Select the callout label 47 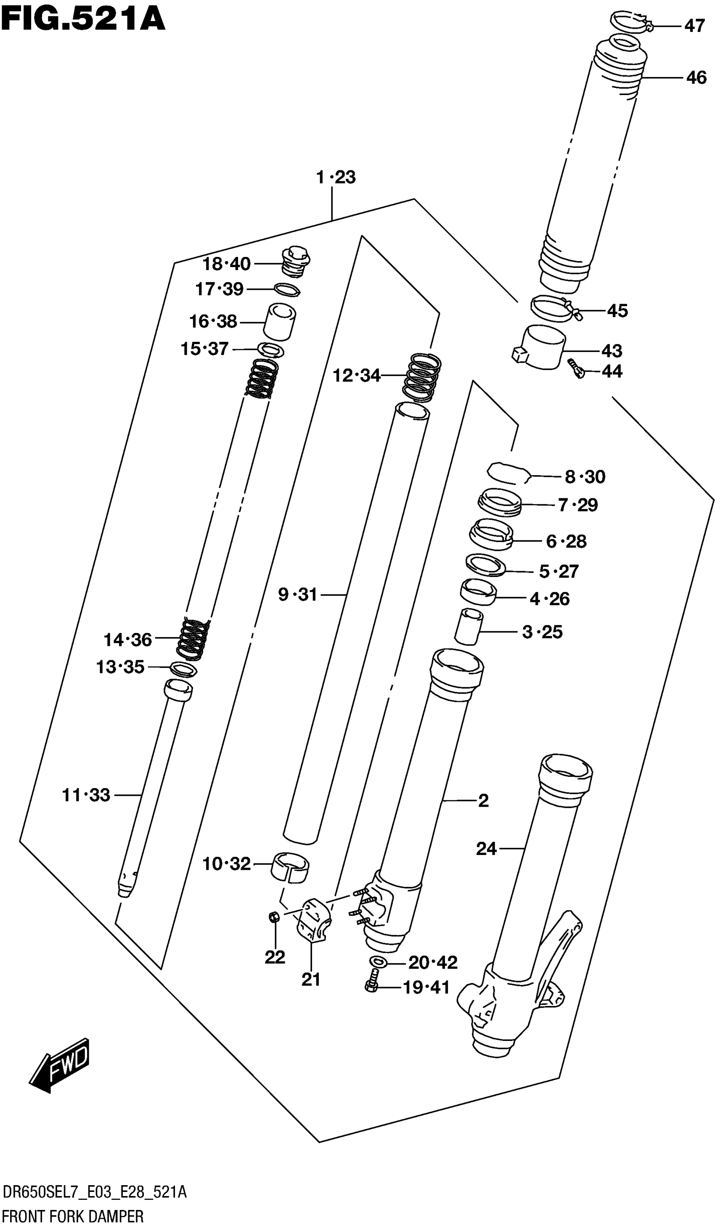click(694, 25)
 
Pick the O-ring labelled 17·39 click(287, 290)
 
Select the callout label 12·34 click(357, 375)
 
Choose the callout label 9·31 click(298, 595)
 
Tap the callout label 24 click(487, 849)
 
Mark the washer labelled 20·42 click(379, 962)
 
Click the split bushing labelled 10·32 click(290, 866)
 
